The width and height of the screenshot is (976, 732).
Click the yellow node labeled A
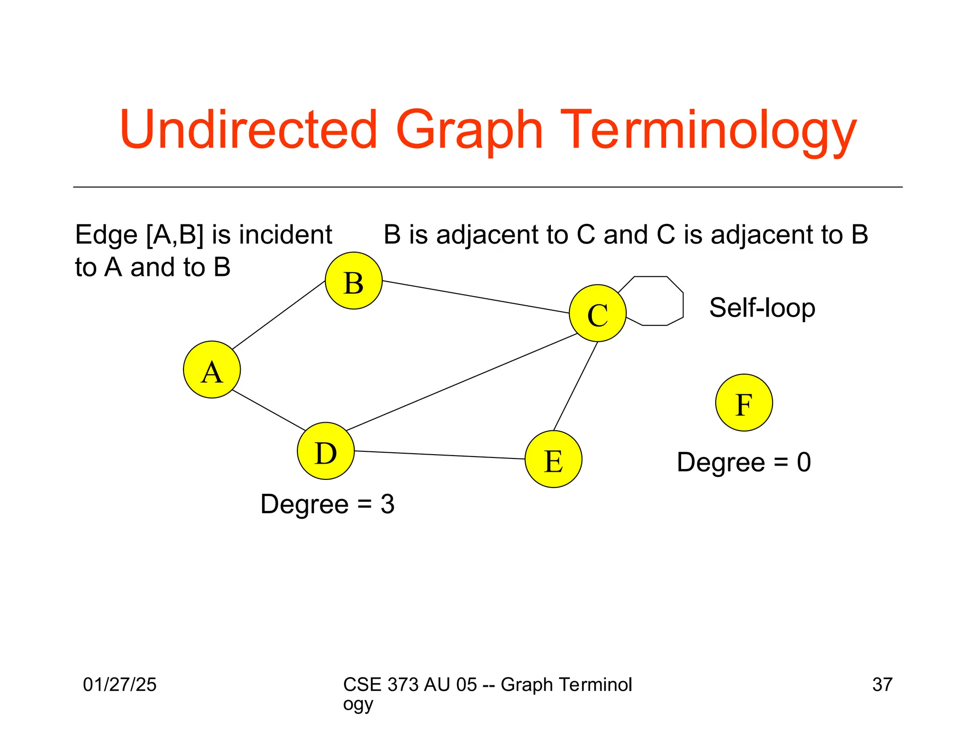[212, 369]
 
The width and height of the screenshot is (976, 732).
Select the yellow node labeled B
[354, 281]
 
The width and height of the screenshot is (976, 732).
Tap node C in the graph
[598, 313]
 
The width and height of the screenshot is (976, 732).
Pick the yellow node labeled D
[325, 451]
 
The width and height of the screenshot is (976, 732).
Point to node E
[553, 459]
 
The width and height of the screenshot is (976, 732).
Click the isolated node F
[744, 403]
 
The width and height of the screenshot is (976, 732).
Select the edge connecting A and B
[279, 315]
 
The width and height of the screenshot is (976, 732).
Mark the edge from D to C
[461, 382]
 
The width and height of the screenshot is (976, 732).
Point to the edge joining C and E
[575, 386]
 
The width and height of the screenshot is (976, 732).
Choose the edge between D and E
[439, 455]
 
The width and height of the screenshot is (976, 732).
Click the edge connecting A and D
[268, 410]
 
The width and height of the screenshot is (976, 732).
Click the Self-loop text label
[762, 308]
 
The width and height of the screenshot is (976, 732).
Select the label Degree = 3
[327, 504]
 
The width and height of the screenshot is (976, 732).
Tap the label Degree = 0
[743, 462]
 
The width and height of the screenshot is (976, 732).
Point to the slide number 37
[882, 684]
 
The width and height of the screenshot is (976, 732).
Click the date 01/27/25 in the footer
[120, 684]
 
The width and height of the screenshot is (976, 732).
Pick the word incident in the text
[285, 234]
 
